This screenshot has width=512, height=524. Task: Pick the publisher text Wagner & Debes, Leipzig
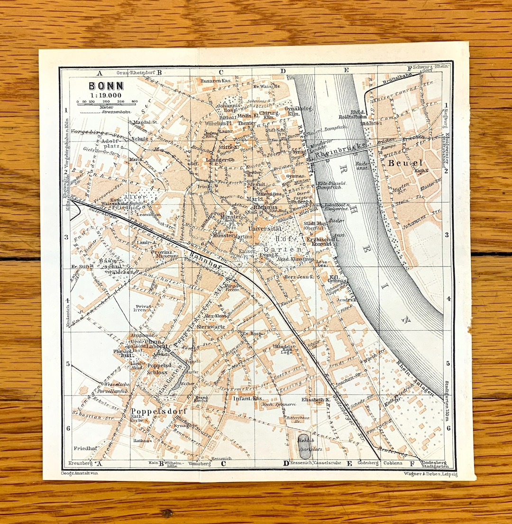(430, 474)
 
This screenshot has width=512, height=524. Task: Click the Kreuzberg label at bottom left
(80, 462)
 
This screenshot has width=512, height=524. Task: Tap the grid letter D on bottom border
(286, 463)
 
